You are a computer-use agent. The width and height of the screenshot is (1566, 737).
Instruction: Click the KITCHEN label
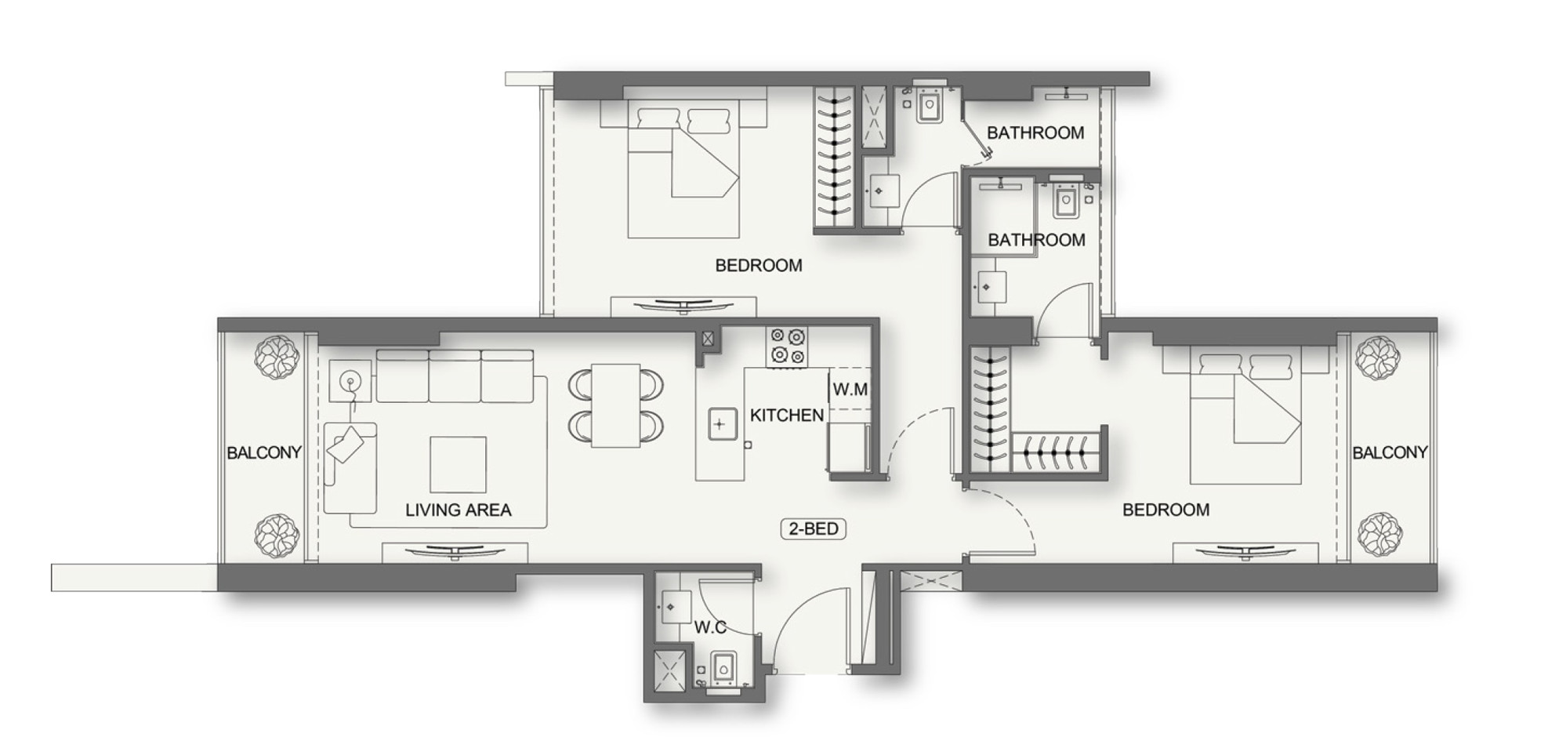(786, 416)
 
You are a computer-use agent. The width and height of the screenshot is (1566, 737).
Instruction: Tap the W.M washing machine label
(850, 389)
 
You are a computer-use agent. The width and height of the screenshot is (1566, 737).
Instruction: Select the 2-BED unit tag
(814, 528)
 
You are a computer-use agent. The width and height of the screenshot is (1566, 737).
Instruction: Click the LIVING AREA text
(458, 510)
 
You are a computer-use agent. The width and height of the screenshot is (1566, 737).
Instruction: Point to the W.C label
(710, 627)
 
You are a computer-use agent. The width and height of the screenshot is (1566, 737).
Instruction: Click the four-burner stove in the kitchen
(787, 347)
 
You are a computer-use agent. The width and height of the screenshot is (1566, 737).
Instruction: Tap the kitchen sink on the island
(720, 424)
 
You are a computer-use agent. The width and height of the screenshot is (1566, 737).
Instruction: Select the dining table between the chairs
(616, 405)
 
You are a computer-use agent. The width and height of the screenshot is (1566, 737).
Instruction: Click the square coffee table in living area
(458, 464)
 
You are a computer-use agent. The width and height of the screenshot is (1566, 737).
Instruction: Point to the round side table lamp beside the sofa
(350, 381)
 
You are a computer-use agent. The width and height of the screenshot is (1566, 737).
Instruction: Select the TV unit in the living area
(455, 552)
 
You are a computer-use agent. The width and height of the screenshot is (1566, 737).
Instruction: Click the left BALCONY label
(264, 452)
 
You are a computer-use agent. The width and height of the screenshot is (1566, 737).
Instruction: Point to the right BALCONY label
(1390, 452)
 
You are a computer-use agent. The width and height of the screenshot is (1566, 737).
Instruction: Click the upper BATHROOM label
(1035, 133)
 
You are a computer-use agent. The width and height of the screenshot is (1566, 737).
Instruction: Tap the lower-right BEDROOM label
(1165, 510)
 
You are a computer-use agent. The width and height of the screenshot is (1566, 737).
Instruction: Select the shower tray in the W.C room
(670, 671)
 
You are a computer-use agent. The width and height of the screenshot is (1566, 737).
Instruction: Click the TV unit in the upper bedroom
(683, 307)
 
